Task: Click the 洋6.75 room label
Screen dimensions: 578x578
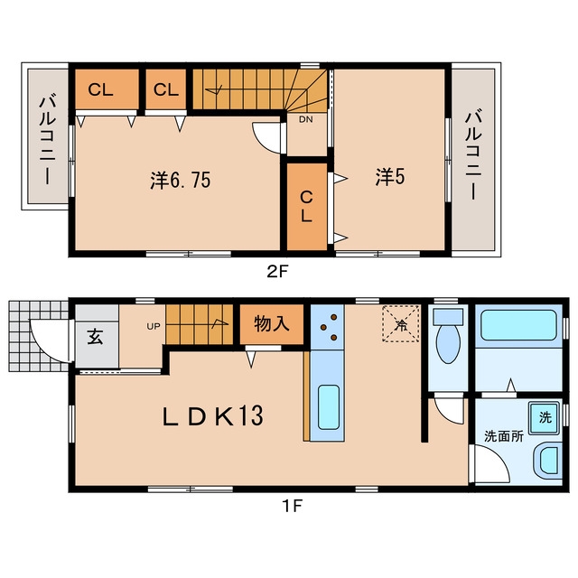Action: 181,181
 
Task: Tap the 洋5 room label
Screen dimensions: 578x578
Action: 390,177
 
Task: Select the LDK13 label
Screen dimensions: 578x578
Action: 213,415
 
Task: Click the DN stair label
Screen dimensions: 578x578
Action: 305,119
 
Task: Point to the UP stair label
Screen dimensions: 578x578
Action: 154,326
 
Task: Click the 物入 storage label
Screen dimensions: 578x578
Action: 272,324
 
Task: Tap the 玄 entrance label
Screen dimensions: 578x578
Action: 95,337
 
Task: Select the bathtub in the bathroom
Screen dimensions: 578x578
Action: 518,325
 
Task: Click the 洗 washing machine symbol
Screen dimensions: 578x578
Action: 545,417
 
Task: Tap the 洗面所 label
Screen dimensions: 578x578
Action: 504,436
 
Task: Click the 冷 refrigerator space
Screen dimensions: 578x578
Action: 401,323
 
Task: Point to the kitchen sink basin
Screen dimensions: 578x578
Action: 328,407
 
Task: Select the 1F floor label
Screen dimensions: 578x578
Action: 292,506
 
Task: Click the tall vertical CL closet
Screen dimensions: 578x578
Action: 307,207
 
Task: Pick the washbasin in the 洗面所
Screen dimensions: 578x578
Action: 548,460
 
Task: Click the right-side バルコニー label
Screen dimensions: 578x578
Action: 473,156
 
